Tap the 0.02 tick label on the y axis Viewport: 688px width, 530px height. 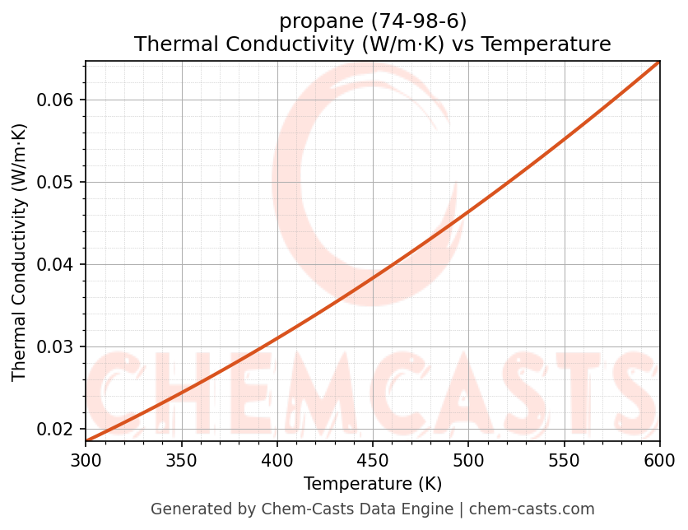(56, 430)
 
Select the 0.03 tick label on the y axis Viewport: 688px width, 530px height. (56, 347)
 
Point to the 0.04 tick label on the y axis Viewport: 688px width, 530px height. (56, 265)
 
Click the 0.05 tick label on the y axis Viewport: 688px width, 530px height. (56, 183)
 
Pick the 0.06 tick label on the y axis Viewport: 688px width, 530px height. (56, 100)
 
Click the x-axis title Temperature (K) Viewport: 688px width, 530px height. (372, 484)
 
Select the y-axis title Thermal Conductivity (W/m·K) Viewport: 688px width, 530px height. (20, 252)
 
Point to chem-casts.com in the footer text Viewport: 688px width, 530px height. (532, 509)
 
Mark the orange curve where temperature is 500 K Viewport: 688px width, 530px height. (468, 213)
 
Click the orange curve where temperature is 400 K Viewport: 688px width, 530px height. (277, 337)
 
